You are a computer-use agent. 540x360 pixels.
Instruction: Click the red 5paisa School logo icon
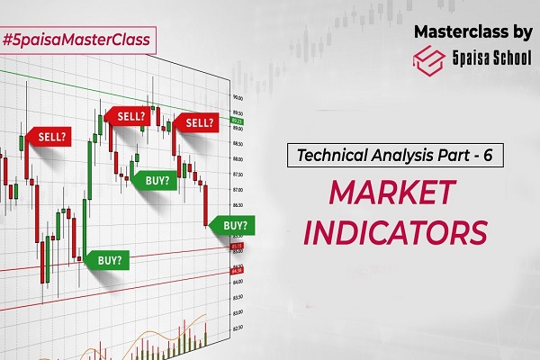point(428,60)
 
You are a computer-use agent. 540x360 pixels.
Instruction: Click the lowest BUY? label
point(108,259)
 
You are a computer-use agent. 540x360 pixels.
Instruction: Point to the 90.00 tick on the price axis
point(238,97)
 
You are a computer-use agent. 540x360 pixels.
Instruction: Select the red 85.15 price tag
point(238,246)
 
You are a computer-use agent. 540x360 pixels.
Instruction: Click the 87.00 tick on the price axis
point(238,190)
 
